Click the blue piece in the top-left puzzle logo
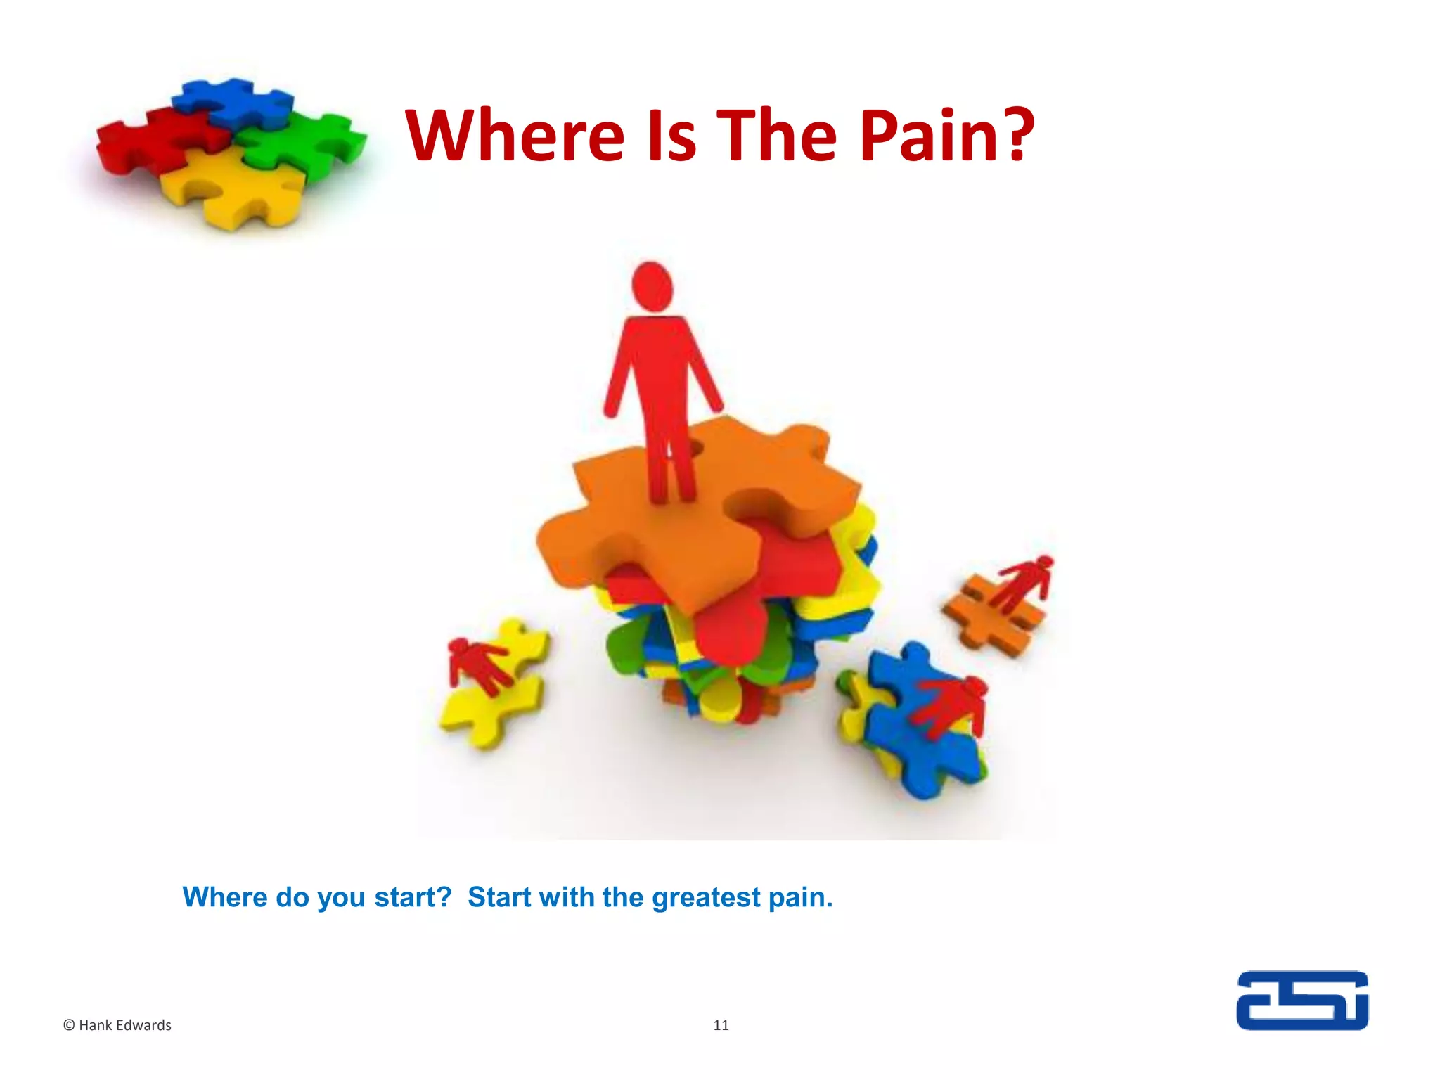pos(232,103)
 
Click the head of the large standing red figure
pos(652,287)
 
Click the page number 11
pos(721,1025)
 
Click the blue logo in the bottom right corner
pos(1302,1000)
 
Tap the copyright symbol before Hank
pos(69,1025)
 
